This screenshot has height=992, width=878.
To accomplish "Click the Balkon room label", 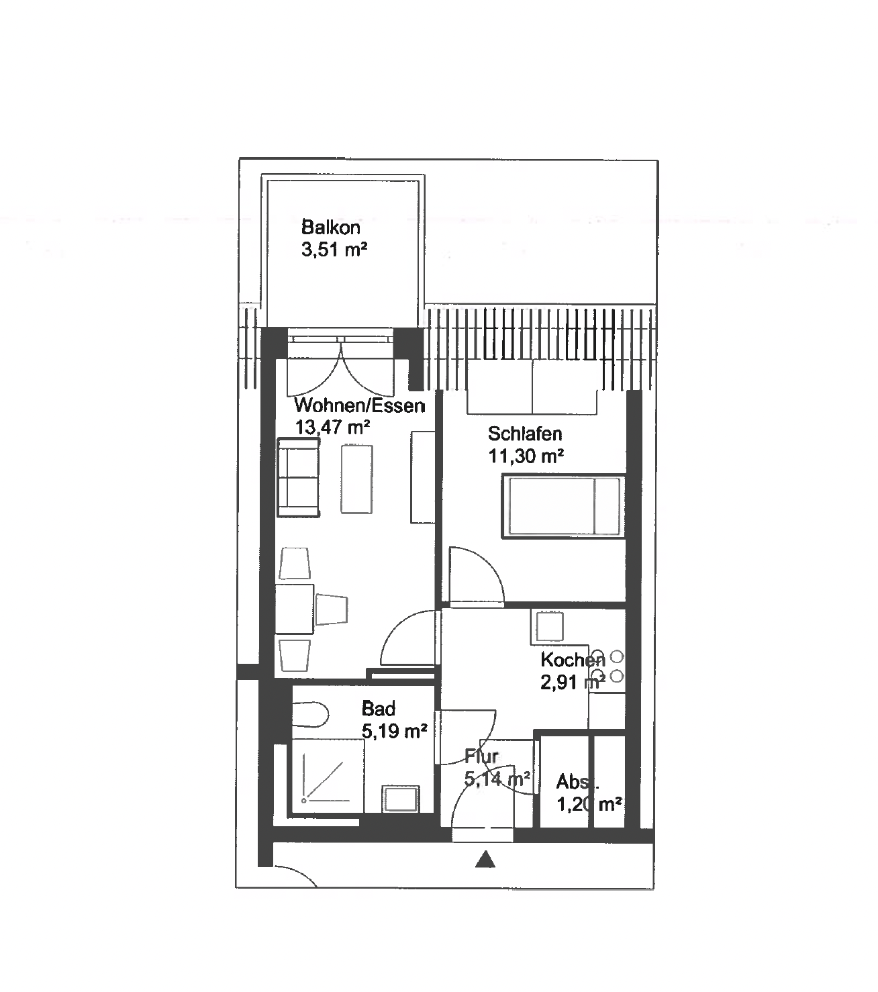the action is click(330, 227).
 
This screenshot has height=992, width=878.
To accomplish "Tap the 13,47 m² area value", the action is click(332, 427).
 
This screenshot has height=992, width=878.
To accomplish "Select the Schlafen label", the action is click(524, 434).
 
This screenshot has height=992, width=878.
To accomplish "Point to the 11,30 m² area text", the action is click(526, 456).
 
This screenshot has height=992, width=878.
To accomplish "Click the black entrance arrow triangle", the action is click(485, 859).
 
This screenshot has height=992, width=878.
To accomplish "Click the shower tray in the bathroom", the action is click(327, 777).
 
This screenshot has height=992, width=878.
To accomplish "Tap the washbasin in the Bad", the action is click(401, 799).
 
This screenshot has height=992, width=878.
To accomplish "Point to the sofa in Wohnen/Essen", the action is click(298, 477).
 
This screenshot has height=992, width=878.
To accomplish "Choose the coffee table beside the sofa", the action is click(356, 479).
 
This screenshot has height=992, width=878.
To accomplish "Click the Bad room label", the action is click(379, 709).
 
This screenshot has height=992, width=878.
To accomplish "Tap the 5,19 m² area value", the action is click(394, 731).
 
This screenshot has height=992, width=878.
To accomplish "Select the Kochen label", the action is click(573, 660).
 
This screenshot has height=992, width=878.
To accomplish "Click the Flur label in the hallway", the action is click(481, 756).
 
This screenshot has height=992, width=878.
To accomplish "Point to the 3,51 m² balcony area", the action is click(334, 250).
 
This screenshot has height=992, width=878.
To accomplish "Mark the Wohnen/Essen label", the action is click(359, 405).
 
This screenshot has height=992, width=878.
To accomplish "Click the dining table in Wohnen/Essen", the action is click(294, 609).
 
